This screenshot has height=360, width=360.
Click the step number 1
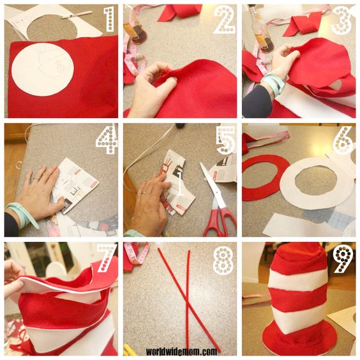coord(110,19)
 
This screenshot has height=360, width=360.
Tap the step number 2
coord(225,19)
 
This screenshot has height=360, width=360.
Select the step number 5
coord(227,140)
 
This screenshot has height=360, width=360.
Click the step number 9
coord(343,259)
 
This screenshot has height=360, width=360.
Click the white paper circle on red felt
coord(43,69)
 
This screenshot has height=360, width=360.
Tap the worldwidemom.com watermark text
coord(181,352)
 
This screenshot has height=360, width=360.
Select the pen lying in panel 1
coord(77,15)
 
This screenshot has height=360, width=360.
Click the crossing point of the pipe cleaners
coord(188,307)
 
